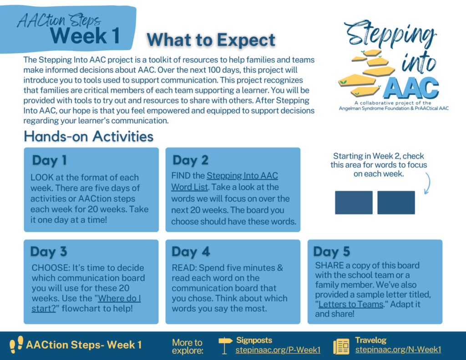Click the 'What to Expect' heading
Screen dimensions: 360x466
(211, 40)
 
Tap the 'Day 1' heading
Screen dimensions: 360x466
(49, 160)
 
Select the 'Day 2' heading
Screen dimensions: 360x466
(190, 160)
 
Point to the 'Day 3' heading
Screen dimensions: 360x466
(49, 252)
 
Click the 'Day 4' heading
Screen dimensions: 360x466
(190, 252)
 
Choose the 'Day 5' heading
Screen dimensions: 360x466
(332, 252)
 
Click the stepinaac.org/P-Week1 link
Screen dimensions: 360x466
(278, 350)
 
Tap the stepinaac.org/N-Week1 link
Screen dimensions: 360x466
(398, 350)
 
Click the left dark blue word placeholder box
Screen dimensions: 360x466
(354, 203)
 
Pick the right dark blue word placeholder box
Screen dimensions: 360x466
(396, 203)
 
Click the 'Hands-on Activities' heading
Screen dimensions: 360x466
(88, 136)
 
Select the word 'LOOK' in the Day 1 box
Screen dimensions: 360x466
(42, 177)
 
